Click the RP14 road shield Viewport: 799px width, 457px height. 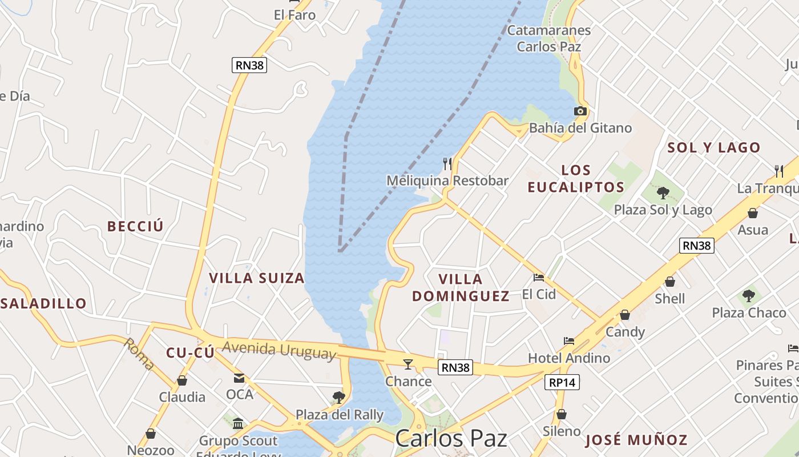pyautogui.click(x=562, y=383)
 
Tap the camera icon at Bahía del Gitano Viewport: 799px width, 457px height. pyautogui.click(x=580, y=111)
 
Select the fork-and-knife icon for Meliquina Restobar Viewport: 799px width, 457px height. pyautogui.click(x=447, y=164)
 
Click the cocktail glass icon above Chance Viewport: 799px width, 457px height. pyautogui.click(x=408, y=364)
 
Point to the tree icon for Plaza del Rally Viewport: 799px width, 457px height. pyautogui.click(x=339, y=397)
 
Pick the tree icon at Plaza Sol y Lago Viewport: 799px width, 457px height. pyautogui.click(x=663, y=193)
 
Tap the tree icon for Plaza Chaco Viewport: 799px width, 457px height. pyautogui.click(x=748, y=296)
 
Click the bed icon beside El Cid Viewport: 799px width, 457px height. pyautogui.click(x=539, y=278)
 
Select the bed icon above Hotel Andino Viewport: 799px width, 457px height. pyautogui.click(x=569, y=341)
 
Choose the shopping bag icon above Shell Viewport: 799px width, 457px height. pyautogui.click(x=670, y=282)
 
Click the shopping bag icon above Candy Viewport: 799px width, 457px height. pyautogui.click(x=625, y=315)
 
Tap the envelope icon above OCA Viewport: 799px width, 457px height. pyautogui.click(x=239, y=378)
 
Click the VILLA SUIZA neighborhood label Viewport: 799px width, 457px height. pyautogui.click(x=257, y=278)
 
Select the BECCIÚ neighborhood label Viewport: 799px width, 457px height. pyautogui.click(x=135, y=226)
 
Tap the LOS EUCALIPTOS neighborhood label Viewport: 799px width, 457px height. pyautogui.click(x=576, y=179)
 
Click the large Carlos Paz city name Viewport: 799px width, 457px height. pyautogui.click(x=451, y=439)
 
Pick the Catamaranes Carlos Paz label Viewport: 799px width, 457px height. pyautogui.click(x=549, y=38)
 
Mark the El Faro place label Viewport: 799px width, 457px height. pyautogui.click(x=294, y=15)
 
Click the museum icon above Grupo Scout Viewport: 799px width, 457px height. pyautogui.click(x=238, y=423)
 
